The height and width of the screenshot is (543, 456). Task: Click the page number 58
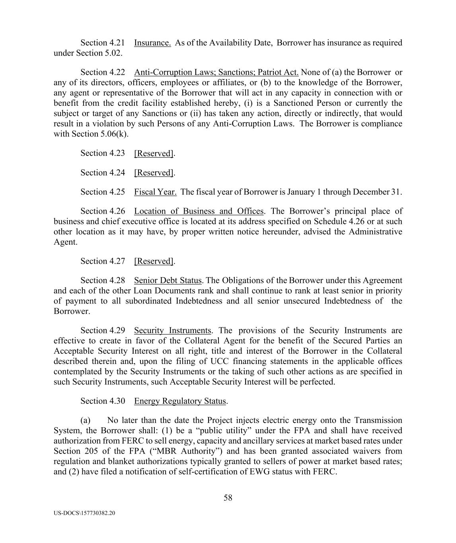(x=228, y=498)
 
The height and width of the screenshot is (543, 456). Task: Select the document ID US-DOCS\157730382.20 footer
(x=84, y=513)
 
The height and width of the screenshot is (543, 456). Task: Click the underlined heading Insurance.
(x=152, y=43)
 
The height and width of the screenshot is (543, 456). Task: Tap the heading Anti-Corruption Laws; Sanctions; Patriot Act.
(x=216, y=72)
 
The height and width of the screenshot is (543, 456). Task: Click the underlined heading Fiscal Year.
(x=155, y=192)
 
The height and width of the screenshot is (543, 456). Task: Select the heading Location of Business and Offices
(x=199, y=211)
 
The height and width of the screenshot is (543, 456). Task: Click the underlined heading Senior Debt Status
(x=168, y=280)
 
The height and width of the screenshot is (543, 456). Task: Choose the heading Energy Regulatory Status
(x=180, y=401)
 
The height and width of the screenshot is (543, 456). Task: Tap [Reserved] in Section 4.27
(x=154, y=261)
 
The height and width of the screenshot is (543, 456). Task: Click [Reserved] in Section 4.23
(x=154, y=153)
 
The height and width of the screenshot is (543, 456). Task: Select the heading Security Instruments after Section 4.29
(x=172, y=330)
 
